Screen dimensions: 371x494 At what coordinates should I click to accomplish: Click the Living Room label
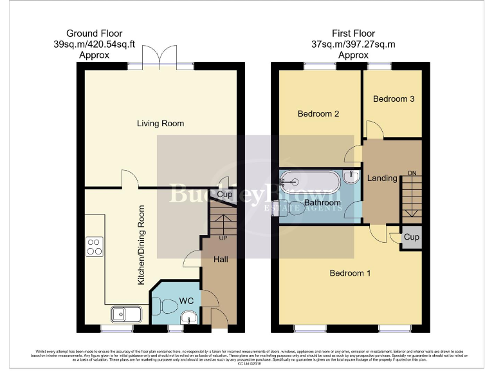[x=160, y=123]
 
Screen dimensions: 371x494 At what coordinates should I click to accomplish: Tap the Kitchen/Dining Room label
[x=142, y=245]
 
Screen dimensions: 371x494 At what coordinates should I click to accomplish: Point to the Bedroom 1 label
[x=350, y=273]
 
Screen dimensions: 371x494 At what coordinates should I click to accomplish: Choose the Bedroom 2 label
[x=318, y=114]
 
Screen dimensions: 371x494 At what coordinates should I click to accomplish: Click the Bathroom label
[x=322, y=203]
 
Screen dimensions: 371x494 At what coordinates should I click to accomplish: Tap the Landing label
[x=382, y=178]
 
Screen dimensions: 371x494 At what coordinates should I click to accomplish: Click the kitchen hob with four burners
[x=94, y=247]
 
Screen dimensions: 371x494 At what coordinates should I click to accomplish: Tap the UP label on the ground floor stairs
[x=224, y=238]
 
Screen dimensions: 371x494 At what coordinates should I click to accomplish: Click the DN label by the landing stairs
[x=412, y=173]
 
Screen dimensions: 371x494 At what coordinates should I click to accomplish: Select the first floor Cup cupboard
[x=411, y=237]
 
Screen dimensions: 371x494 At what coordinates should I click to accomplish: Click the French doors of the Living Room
[x=161, y=56]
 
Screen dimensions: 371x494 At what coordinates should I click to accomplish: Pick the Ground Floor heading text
[x=94, y=33]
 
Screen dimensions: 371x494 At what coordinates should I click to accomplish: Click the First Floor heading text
[x=353, y=33]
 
